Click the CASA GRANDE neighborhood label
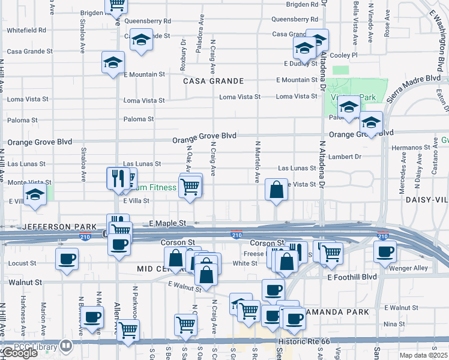click(x=213, y=81)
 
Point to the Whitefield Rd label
click(x=26, y=29)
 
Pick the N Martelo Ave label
click(x=257, y=161)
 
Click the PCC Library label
click(x=38, y=346)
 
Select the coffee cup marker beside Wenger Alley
click(x=385, y=251)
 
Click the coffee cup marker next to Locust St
click(x=67, y=258)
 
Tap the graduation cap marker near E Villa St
click(x=35, y=194)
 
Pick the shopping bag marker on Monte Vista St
click(x=276, y=190)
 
